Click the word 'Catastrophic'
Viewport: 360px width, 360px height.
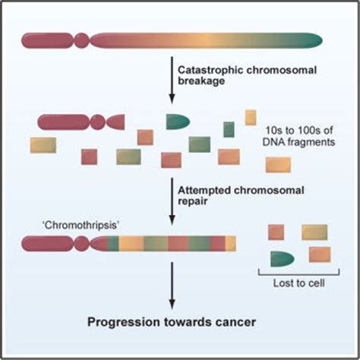coord(210,70)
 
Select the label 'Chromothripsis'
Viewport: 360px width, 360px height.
coord(81,225)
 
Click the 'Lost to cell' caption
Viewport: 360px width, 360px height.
coord(298,283)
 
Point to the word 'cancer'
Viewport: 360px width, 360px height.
coord(235,322)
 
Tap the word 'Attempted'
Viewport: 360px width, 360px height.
coord(204,191)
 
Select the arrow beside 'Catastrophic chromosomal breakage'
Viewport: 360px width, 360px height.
coord(172,80)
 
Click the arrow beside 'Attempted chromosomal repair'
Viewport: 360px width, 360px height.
coord(172,201)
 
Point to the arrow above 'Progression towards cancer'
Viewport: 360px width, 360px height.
coord(172,286)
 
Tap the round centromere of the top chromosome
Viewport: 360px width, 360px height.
coord(81,40)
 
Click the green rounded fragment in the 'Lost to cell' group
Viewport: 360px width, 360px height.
coord(283,259)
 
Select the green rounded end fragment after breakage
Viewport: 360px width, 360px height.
coord(178,122)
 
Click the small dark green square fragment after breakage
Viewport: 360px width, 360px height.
coord(229,129)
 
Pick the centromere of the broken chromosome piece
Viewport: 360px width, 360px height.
coord(97,122)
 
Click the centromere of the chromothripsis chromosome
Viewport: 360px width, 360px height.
coord(81,244)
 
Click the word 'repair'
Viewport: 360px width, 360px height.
coord(193,201)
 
